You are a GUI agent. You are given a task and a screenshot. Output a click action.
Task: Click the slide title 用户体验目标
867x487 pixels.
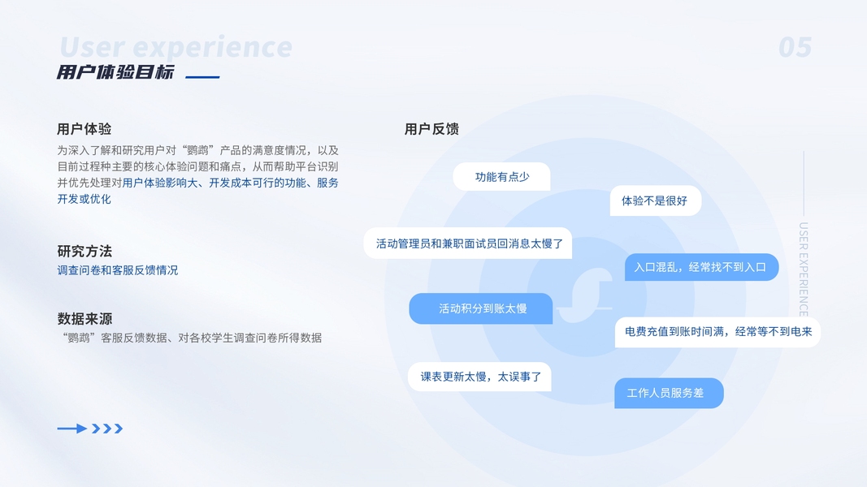(115, 72)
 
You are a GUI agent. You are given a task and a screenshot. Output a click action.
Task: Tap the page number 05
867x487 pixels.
(795, 48)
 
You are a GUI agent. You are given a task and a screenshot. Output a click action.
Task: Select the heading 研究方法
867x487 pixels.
(85, 251)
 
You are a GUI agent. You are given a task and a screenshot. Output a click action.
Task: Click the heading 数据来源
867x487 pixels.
(85, 318)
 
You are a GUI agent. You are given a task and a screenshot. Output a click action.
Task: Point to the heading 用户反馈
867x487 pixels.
(431, 129)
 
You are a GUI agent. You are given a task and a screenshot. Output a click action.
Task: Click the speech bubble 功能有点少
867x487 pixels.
(501, 177)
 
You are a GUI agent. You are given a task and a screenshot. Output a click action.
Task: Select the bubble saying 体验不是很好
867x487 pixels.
(655, 200)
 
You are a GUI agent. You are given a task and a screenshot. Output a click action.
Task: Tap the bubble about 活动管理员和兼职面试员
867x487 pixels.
(469, 243)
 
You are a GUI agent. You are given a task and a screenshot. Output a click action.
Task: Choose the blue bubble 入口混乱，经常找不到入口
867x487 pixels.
(700, 267)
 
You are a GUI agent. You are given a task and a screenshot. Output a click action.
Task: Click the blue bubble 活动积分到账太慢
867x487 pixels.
(482, 308)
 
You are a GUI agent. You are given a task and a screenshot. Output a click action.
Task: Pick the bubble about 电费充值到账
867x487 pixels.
(717, 332)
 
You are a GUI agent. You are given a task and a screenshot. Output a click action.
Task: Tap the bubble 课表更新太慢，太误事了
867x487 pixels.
(480, 377)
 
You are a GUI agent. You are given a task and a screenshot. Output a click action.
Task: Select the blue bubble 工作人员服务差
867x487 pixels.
(668, 393)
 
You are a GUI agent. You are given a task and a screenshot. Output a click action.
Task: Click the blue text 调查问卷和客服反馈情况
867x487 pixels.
(117, 270)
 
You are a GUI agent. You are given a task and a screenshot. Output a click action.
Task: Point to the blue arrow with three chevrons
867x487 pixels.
(89, 429)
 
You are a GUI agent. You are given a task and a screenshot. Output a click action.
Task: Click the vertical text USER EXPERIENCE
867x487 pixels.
(803, 269)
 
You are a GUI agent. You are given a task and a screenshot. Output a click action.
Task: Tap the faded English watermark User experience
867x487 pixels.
(176, 48)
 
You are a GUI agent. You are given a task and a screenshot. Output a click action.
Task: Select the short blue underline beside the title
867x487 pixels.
(202, 77)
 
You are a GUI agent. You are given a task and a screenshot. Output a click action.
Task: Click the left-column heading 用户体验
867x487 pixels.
(85, 129)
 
